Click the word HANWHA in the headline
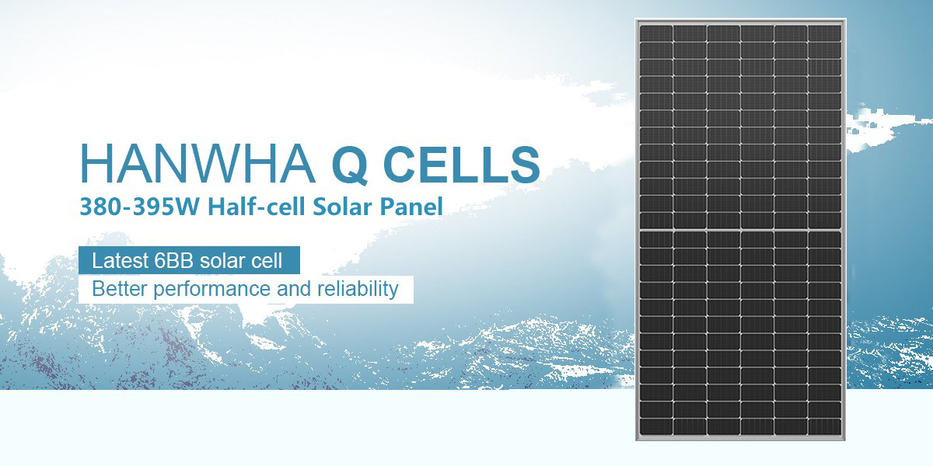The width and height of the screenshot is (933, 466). pos(197,163)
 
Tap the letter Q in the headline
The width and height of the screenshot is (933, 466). pos(351,165)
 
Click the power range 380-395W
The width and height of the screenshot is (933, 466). pos(139,207)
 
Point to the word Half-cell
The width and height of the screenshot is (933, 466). pos(257,207)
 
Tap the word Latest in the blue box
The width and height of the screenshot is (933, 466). pos(120,261)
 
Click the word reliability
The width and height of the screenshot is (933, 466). pos(358,290)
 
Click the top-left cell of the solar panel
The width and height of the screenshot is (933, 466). pos(656,33)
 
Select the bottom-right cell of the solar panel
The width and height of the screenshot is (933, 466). pos(824,427)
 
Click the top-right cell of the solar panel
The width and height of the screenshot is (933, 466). pos(824,33)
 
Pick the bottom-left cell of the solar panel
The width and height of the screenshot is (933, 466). pos(656,427)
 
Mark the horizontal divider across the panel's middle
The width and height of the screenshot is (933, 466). pos(740,230)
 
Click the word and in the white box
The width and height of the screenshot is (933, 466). pos(294,289)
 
